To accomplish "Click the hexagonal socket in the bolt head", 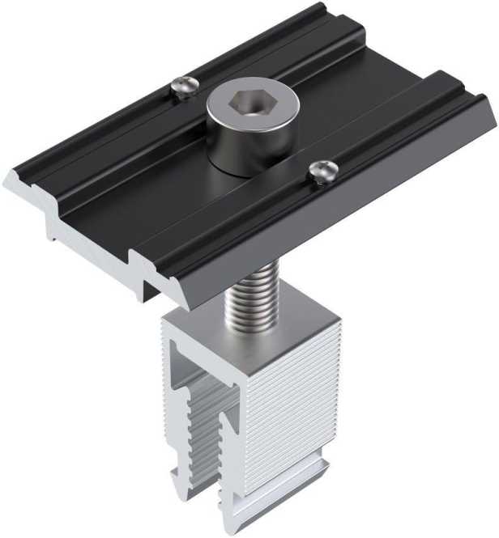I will (252, 104).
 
